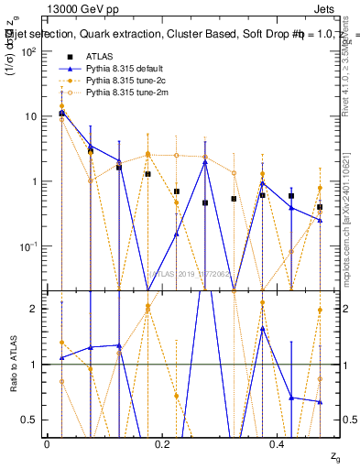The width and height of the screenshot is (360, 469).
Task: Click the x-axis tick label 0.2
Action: point(162,443)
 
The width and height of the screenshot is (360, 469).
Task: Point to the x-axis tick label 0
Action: point(47,443)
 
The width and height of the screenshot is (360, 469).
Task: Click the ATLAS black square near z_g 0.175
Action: point(147,174)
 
